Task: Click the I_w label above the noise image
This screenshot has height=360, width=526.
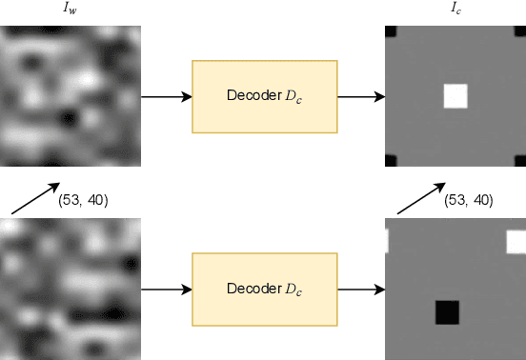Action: click(71, 10)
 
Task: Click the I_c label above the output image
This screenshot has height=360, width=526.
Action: click(455, 10)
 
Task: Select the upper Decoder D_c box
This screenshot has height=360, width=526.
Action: click(264, 96)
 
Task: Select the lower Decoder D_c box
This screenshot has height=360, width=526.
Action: click(264, 288)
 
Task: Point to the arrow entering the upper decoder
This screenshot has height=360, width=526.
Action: click(166, 96)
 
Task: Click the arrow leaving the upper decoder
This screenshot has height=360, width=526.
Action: click(360, 96)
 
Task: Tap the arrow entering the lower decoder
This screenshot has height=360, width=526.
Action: click(166, 288)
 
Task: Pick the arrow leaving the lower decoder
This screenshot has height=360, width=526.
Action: click(360, 288)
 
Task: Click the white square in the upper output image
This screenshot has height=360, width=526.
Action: click(455, 95)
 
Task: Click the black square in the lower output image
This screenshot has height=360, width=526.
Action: click(446, 311)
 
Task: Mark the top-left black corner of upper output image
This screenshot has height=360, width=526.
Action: click(389, 30)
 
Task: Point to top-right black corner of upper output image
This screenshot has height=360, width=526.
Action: click(521, 30)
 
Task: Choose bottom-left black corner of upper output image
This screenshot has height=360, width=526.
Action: click(389, 160)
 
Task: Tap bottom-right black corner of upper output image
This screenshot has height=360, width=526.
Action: click(520, 160)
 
